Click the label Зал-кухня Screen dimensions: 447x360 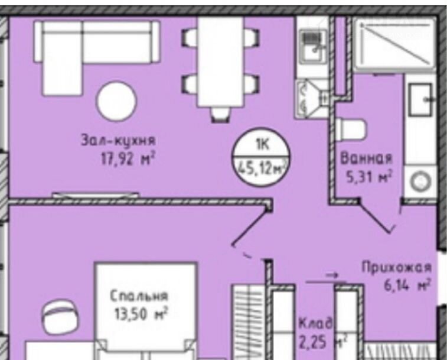(x=119, y=141)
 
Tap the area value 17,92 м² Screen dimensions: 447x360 (x=128, y=159)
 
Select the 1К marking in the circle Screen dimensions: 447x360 (x=263, y=145)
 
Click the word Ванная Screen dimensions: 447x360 (x=366, y=158)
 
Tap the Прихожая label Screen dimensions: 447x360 (x=397, y=268)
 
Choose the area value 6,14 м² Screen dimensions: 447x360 (x=407, y=285)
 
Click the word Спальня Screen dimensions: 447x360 (x=139, y=296)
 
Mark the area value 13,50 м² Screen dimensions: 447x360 (x=141, y=314)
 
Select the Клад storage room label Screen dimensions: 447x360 (x=315, y=323)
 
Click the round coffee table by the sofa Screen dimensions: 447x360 (x=116, y=101)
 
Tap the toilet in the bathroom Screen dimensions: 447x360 (x=351, y=131)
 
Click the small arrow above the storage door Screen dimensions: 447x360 (x=331, y=275)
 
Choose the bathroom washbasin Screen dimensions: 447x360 (x=421, y=99)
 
